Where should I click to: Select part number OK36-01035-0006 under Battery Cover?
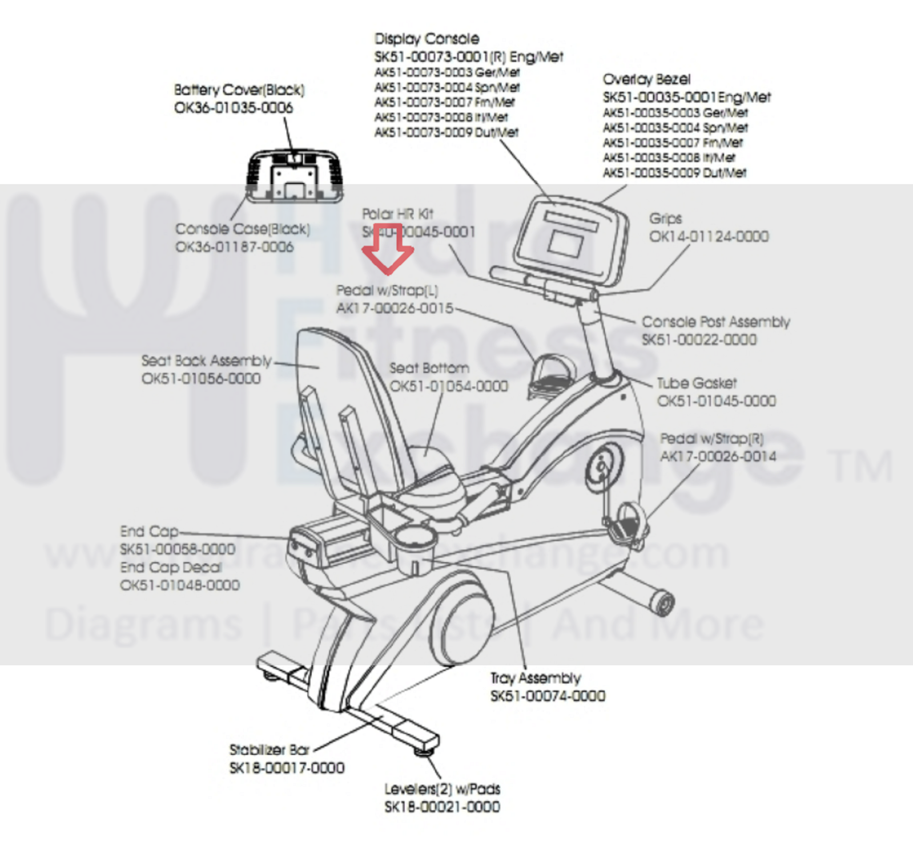(x=234, y=108)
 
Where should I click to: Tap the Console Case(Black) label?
(x=243, y=229)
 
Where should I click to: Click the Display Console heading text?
(x=427, y=39)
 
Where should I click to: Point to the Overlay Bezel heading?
(x=646, y=79)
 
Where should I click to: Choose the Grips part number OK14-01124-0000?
(x=709, y=236)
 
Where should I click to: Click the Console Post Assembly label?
(x=715, y=322)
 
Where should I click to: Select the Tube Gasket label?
(x=697, y=383)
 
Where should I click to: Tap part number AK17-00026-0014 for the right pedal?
(x=718, y=456)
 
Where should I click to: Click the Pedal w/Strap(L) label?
(x=387, y=290)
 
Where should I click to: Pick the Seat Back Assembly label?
(x=206, y=361)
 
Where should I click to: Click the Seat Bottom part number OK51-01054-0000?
(x=449, y=386)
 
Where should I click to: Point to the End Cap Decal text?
(x=171, y=567)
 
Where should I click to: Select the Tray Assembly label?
(x=536, y=678)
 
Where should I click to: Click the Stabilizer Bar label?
(x=269, y=750)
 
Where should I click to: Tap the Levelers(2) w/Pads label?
(x=442, y=789)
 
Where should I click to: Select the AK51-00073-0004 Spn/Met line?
(x=447, y=87)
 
